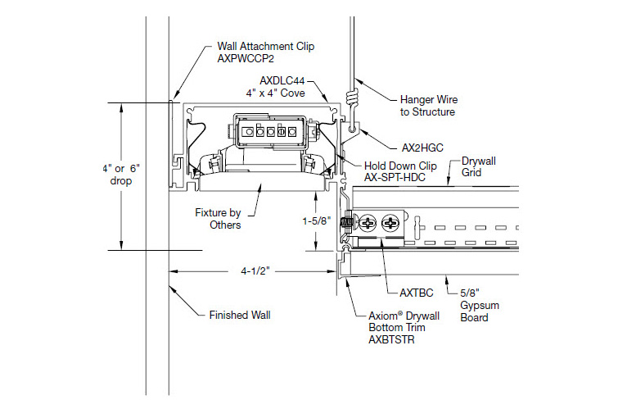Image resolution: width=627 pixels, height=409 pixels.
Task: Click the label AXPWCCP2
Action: point(246,60)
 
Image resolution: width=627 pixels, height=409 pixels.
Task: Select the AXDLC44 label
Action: point(282,80)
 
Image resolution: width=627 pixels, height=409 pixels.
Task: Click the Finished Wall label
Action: point(239,314)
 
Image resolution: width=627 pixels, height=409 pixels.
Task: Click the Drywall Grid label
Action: point(479,167)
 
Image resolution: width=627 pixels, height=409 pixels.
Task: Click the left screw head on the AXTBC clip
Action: point(369,224)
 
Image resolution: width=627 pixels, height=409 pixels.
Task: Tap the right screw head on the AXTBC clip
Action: point(393,224)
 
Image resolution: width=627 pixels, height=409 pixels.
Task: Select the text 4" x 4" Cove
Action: point(282,93)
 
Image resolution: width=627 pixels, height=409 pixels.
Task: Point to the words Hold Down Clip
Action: point(400,166)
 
